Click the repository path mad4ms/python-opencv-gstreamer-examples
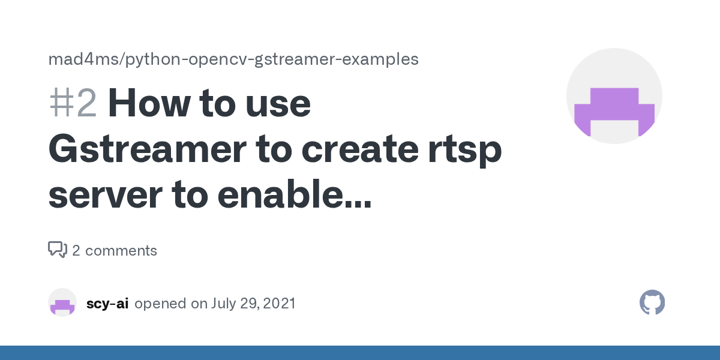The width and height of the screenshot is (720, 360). click(233, 59)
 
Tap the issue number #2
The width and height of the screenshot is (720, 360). click(72, 103)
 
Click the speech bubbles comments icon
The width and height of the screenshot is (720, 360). click(57, 250)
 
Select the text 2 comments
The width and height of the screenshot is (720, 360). click(115, 251)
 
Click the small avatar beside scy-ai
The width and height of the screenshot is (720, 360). click(62, 303)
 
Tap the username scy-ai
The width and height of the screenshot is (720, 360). click(107, 304)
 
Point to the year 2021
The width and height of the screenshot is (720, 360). click(278, 304)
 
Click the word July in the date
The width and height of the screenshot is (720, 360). click(224, 304)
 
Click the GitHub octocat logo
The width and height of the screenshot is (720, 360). click(652, 303)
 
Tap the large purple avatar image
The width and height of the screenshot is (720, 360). click(614, 96)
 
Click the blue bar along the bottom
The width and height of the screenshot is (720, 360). click(360, 353)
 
